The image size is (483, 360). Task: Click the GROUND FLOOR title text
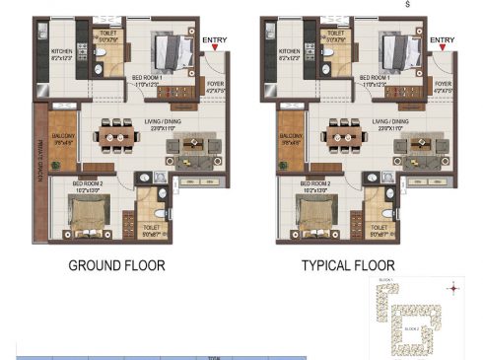[x=116, y=266]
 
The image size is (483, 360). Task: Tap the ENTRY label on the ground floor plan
[x=214, y=40]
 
